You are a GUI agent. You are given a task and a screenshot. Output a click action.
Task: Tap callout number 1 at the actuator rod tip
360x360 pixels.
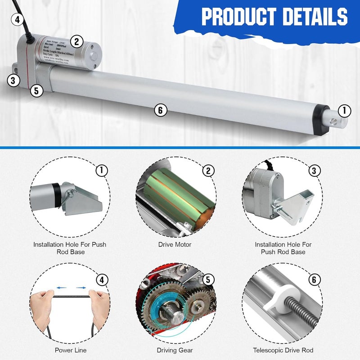344,110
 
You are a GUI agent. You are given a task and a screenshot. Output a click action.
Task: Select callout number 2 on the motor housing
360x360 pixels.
76,42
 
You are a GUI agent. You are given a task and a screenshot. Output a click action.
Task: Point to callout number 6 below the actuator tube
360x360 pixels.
161,110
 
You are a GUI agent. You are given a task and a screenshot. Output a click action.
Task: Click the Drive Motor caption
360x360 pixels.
175,244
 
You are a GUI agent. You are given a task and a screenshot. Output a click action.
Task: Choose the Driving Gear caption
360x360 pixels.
175,350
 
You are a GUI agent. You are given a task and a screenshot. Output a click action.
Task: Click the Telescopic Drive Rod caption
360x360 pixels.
283,350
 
